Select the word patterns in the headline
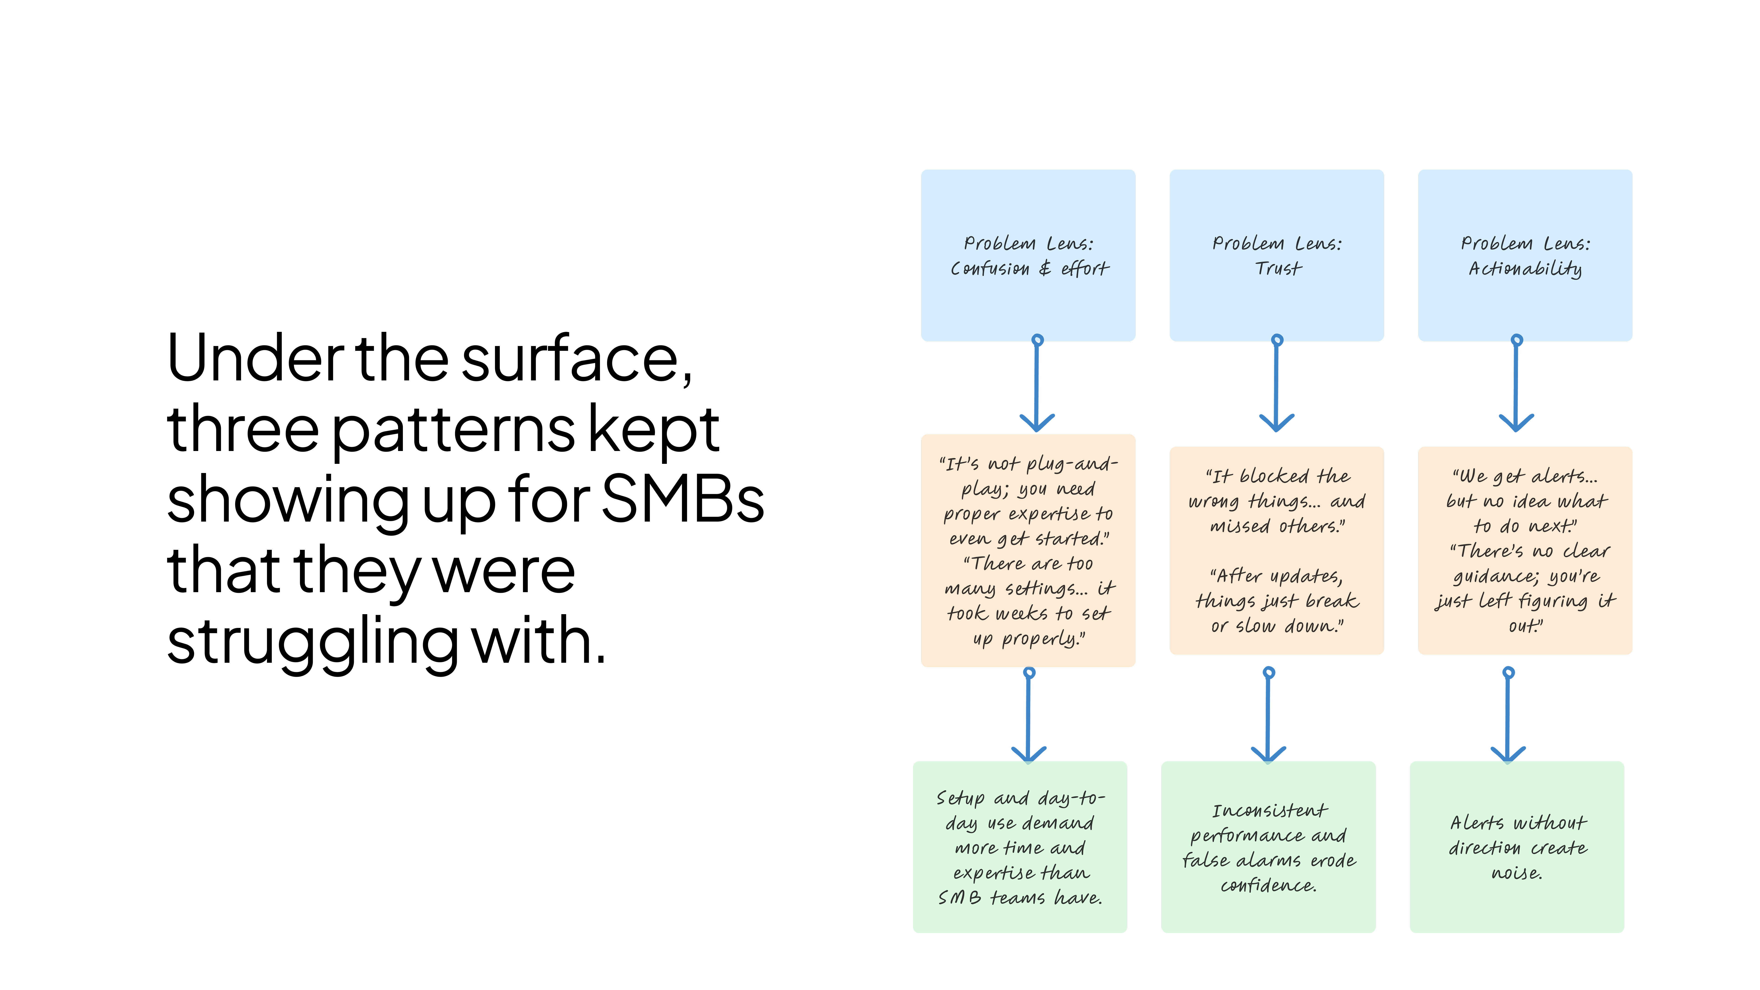coord(454,430)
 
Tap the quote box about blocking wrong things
coord(1276,551)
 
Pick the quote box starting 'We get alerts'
coord(1525,551)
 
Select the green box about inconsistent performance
coord(1268,847)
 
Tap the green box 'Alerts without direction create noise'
coord(1517,847)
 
